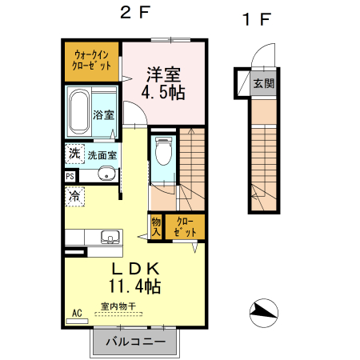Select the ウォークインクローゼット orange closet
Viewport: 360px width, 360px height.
tap(92, 60)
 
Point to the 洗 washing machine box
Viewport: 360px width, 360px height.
tap(74, 153)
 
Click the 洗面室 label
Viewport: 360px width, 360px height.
tap(102, 154)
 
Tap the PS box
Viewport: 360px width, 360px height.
tap(70, 177)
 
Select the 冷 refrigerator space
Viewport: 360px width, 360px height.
tap(74, 195)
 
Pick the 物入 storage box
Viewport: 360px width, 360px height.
tap(156, 226)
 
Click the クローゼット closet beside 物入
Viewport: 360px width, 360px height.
tap(185, 226)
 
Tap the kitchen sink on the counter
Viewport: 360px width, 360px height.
tap(110, 237)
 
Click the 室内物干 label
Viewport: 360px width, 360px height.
tap(118, 305)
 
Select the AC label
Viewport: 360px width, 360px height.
tap(78, 313)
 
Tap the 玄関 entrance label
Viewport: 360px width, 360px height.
tap(262, 82)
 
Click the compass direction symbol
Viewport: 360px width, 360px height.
tap(264, 312)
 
